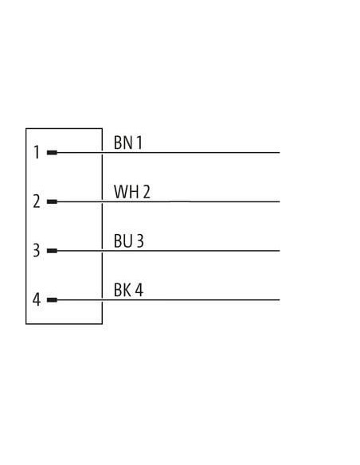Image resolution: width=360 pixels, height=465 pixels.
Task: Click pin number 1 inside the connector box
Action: click(37, 152)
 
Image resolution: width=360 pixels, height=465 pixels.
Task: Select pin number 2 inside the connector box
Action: click(37, 201)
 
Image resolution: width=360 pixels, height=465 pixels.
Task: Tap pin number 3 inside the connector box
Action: click(36, 250)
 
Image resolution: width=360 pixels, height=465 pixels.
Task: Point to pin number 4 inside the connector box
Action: click(36, 299)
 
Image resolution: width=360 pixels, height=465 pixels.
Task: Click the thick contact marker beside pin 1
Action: click(52, 153)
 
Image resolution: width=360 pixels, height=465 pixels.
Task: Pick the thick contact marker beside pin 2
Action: click(52, 201)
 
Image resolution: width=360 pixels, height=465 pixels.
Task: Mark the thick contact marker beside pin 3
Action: click(52, 251)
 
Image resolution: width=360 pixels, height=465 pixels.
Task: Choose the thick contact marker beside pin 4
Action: click(52, 300)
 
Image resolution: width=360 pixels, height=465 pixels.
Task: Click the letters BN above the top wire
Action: click(123, 143)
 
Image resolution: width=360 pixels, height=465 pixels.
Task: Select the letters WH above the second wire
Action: click(127, 192)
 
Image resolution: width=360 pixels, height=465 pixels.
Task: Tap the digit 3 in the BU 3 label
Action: click(140, 240)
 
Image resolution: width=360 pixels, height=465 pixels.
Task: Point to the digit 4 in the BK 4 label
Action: click(139, 290)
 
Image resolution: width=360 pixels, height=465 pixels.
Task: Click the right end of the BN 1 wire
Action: click(280, 153)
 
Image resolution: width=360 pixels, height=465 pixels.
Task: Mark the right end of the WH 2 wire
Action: click(280, 201)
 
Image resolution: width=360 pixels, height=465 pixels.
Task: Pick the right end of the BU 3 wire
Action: click(280, 251)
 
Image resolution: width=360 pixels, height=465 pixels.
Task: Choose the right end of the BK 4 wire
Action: click(280, 300)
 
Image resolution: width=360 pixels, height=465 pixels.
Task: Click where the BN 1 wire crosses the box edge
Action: click(102, 153)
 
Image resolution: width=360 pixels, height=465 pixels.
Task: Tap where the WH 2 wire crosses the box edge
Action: click(102, 201)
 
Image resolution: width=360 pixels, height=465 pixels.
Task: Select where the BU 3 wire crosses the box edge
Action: click(102, 251)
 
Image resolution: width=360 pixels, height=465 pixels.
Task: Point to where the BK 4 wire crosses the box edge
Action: click(102, 300)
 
